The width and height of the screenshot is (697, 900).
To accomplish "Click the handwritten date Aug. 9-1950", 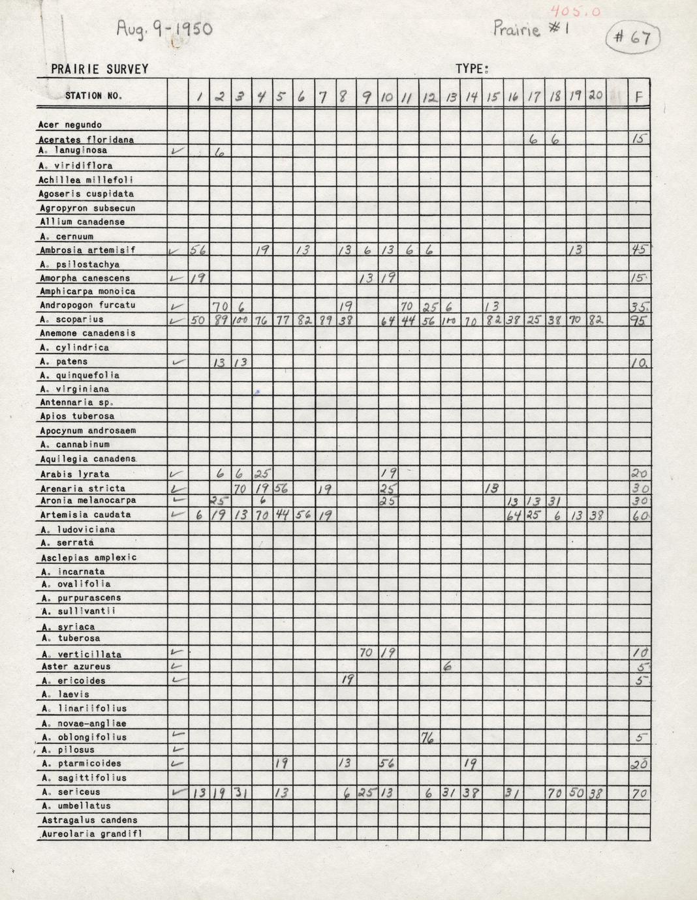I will [x=164, y=29].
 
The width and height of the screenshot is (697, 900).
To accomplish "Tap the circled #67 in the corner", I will [x=632, y=37].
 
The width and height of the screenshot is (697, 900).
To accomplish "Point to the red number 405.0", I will [x=575, y=11].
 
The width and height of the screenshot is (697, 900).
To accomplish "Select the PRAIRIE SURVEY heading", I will [x=100, y=69].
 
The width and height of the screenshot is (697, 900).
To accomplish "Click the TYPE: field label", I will [x=472, y=69].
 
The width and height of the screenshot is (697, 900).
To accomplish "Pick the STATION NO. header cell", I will [x=93, y=96].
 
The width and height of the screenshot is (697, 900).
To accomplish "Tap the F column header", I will [x=638, y=97].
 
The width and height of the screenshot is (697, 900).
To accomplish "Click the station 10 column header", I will [x=386, y=97].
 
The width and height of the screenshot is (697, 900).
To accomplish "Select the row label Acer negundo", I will [x=70, y=125].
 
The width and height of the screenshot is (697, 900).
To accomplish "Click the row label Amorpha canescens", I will [x=84, y=278].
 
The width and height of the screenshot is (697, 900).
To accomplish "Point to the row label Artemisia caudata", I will [x=85, y=515].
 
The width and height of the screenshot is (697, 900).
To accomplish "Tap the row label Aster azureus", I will [x=76, y=667].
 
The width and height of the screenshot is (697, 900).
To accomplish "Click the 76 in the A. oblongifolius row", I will [x=429, y=738].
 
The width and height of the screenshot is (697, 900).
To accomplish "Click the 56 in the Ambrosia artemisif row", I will [x=198, y=250].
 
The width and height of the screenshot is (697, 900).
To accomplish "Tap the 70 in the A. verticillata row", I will [x=366, y=653].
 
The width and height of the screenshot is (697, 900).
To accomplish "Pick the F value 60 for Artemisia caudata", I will [x=640, y=516].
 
